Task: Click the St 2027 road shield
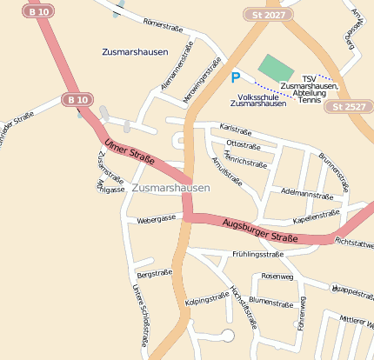pos(268,15)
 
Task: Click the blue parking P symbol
pos(235,77)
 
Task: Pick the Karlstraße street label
pos(235,129)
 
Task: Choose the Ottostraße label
pos(243,143)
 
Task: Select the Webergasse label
pos(157,220)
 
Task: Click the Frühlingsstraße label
pos(258,255)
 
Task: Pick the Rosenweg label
pos(277,276)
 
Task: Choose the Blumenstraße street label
pos(270,303)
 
